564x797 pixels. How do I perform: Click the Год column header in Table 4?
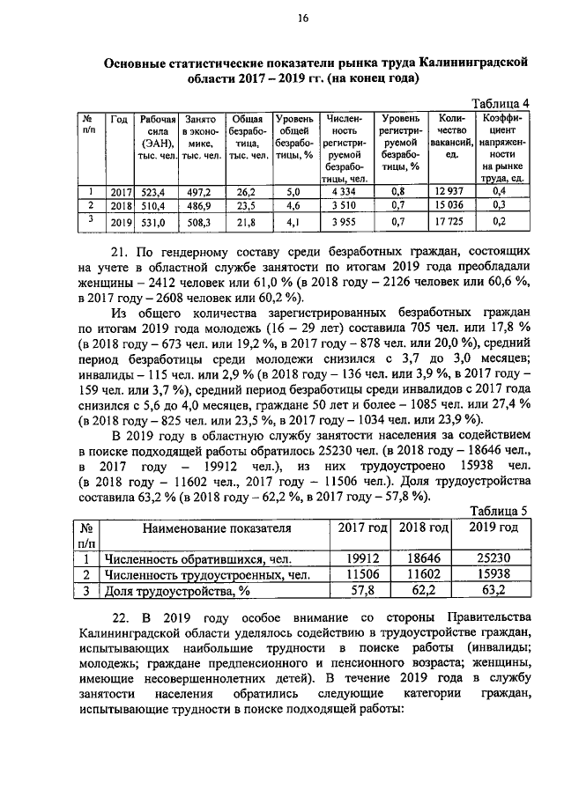click(119, 118)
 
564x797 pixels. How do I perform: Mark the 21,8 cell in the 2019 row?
click(246, 222)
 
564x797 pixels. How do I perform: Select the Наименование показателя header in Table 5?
click(211, 528)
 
